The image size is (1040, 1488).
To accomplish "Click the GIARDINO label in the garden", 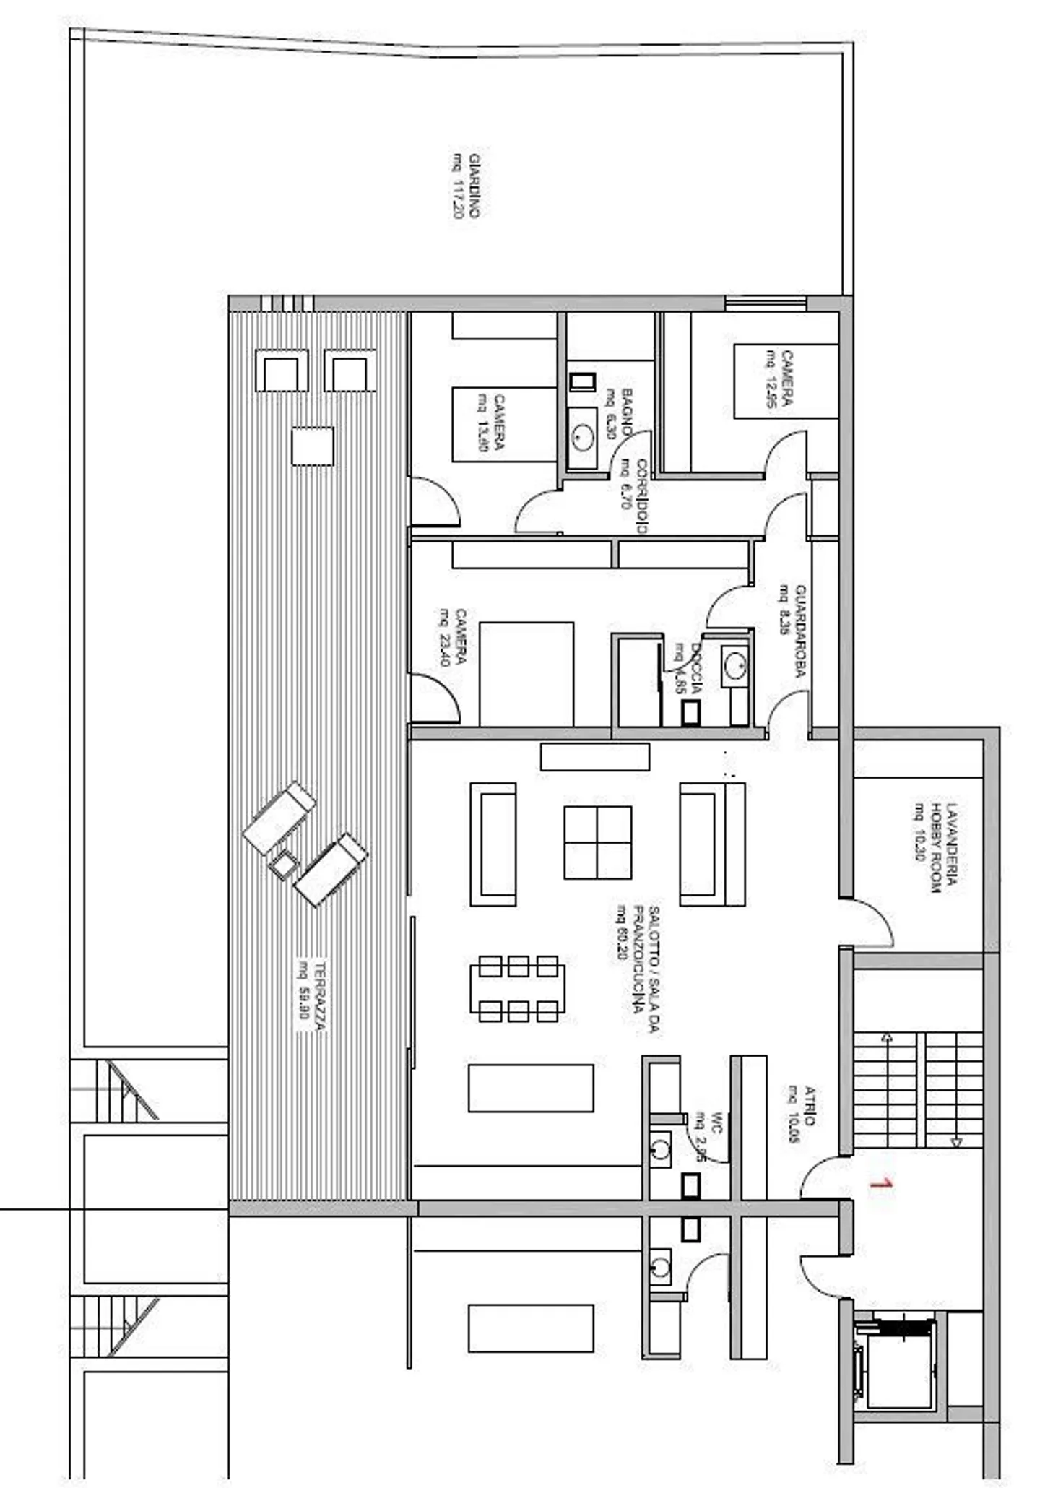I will [467, 186].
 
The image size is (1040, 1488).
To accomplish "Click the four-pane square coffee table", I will [597, 842].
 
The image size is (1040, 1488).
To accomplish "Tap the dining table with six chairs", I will [517, 989].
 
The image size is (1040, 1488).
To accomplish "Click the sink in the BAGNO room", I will [582, 436].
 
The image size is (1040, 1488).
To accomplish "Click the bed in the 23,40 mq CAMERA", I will [526, 673].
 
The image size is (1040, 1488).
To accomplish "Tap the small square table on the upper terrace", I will [313, 446].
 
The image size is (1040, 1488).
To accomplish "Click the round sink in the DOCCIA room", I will [735, 666].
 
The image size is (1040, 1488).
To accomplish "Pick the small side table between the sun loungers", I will [283, 864].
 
